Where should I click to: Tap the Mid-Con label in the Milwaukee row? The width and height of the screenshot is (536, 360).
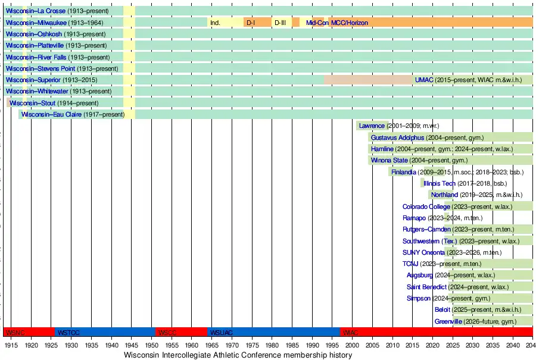click(317, 23)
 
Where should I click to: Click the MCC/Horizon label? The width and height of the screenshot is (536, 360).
click(350, 23)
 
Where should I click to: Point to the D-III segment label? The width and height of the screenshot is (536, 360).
click(280, 23)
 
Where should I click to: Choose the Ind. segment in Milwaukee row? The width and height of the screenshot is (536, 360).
click(215, 23)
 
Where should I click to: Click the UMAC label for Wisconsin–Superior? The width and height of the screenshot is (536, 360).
click(424, 80)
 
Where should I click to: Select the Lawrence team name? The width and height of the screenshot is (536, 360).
click(372, 126)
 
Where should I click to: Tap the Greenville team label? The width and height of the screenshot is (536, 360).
click(448, 321)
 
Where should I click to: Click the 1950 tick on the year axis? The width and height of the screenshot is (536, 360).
click(151, 345)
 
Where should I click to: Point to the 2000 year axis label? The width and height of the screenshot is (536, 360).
click(351, 345)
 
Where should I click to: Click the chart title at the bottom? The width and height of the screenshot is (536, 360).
click(238, 355)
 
